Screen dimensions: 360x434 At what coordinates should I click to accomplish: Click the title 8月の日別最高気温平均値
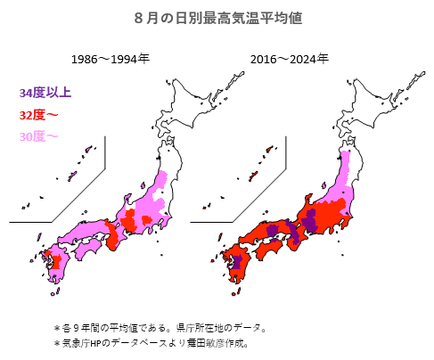pos(217,17)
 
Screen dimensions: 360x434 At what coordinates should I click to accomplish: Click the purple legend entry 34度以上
pos(45,92)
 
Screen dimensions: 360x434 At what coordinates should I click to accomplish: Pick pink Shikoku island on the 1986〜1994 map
pos(90,250)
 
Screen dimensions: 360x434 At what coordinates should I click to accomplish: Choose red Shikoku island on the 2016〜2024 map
pos(267,250)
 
